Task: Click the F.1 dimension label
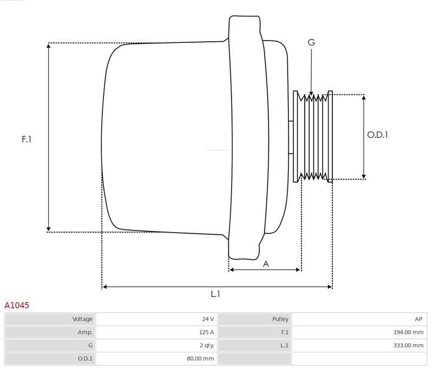point(27,139)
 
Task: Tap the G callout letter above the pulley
point(311,42)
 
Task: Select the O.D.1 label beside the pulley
point(377,134)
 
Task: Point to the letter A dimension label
point(266,264)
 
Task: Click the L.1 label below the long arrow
point(215,294)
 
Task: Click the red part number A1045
point(17,305)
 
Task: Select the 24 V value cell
point(156,319)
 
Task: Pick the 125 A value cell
point(156,332)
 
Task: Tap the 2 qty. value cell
point(156,345)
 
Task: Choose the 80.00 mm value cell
point(156,359)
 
